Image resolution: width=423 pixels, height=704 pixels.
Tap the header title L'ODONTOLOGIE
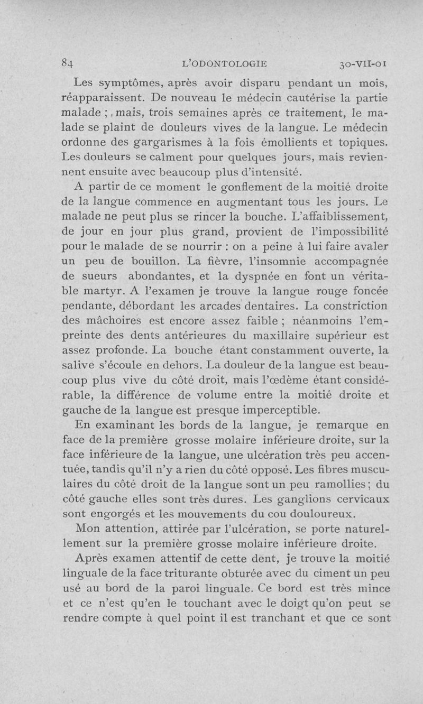click(224, 64)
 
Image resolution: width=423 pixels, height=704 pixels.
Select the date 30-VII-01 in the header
click(364, 64)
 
